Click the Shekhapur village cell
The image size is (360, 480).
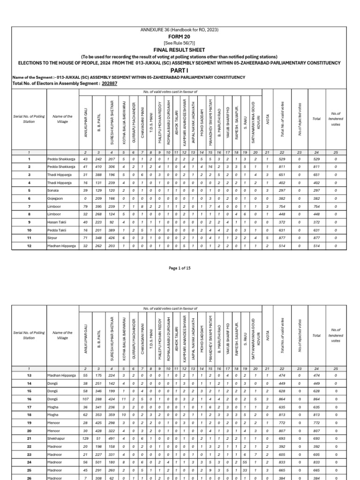[56, 438]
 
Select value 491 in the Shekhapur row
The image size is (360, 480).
[112, 438]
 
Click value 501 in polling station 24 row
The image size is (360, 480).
[99, 461]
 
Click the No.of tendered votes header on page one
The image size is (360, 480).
[336, 119]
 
